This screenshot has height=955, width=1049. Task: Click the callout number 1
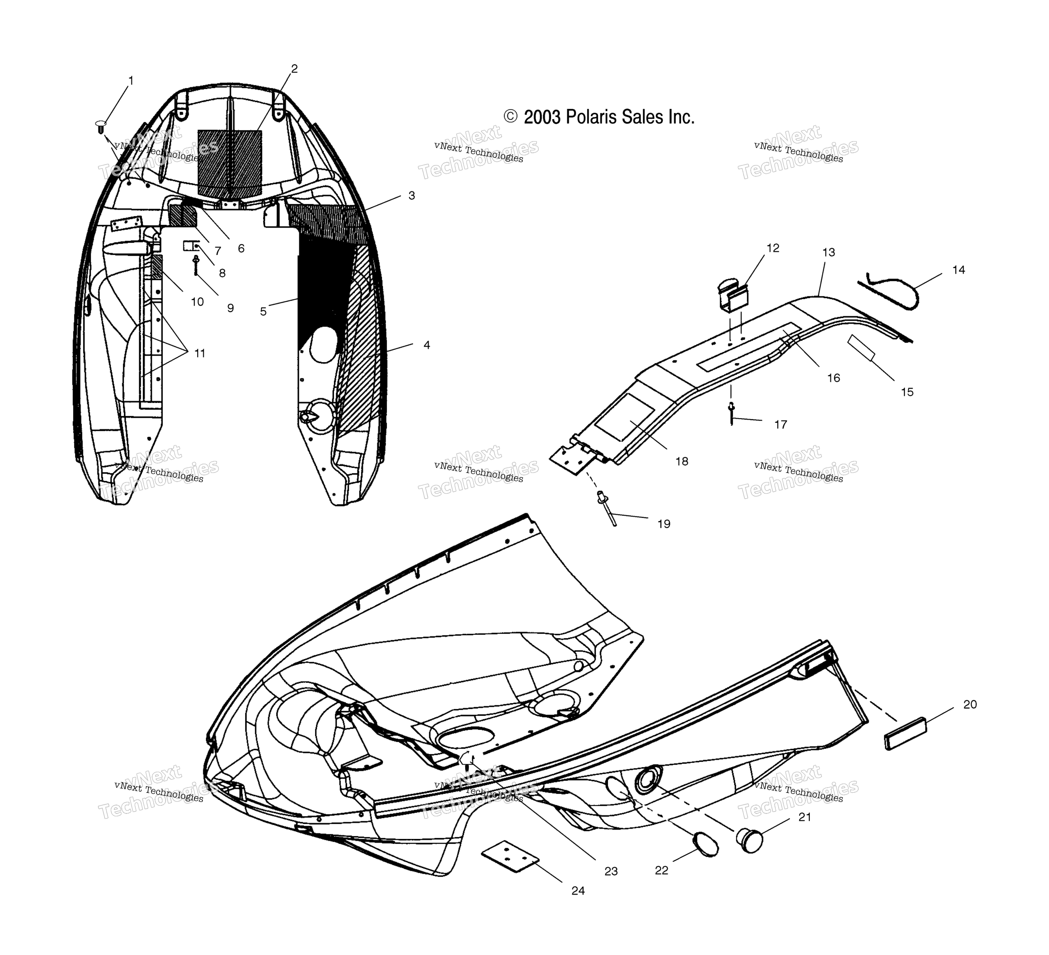click(x=131, y=80)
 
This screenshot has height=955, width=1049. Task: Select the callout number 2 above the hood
click(x=294, y=69)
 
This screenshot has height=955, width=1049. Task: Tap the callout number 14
click(x=959, y=270)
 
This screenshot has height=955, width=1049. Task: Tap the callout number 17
click(x=780, y=425)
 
